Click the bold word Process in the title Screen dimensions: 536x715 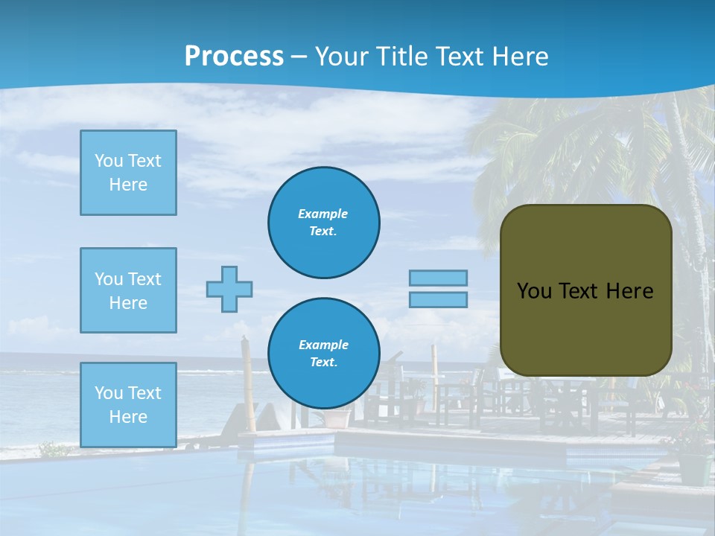coord(234,57)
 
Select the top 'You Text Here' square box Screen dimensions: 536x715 coord(128,173)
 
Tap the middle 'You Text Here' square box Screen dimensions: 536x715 coord(128,290)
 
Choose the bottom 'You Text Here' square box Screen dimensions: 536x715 coord(128,405)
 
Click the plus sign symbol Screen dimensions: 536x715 coord(229,289)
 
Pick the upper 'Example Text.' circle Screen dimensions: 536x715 coord(323,222)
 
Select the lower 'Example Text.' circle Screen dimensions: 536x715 coord(323,353)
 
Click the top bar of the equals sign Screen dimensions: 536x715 coord(438,278)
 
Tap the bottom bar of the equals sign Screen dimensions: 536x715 coord(438,299)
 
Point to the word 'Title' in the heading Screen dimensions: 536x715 coord(402,57)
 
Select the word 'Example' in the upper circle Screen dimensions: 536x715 coord(323,214)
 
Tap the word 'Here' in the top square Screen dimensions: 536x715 coord(128,185)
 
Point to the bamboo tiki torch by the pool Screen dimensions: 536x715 coord(247,383)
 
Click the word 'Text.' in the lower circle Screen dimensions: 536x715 coord(323,363)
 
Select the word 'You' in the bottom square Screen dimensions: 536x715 coord(109,393)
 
